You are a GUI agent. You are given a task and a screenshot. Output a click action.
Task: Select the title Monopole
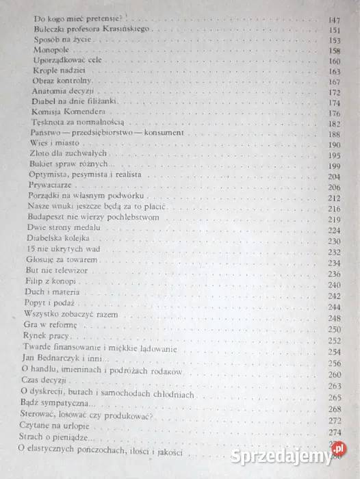tap(49, 51)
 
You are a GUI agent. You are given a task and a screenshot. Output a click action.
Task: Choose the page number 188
tap(334, 134)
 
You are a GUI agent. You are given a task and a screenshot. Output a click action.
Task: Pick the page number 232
tap(334, 252)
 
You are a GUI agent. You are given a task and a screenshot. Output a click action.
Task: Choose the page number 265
tap(334, 398)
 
